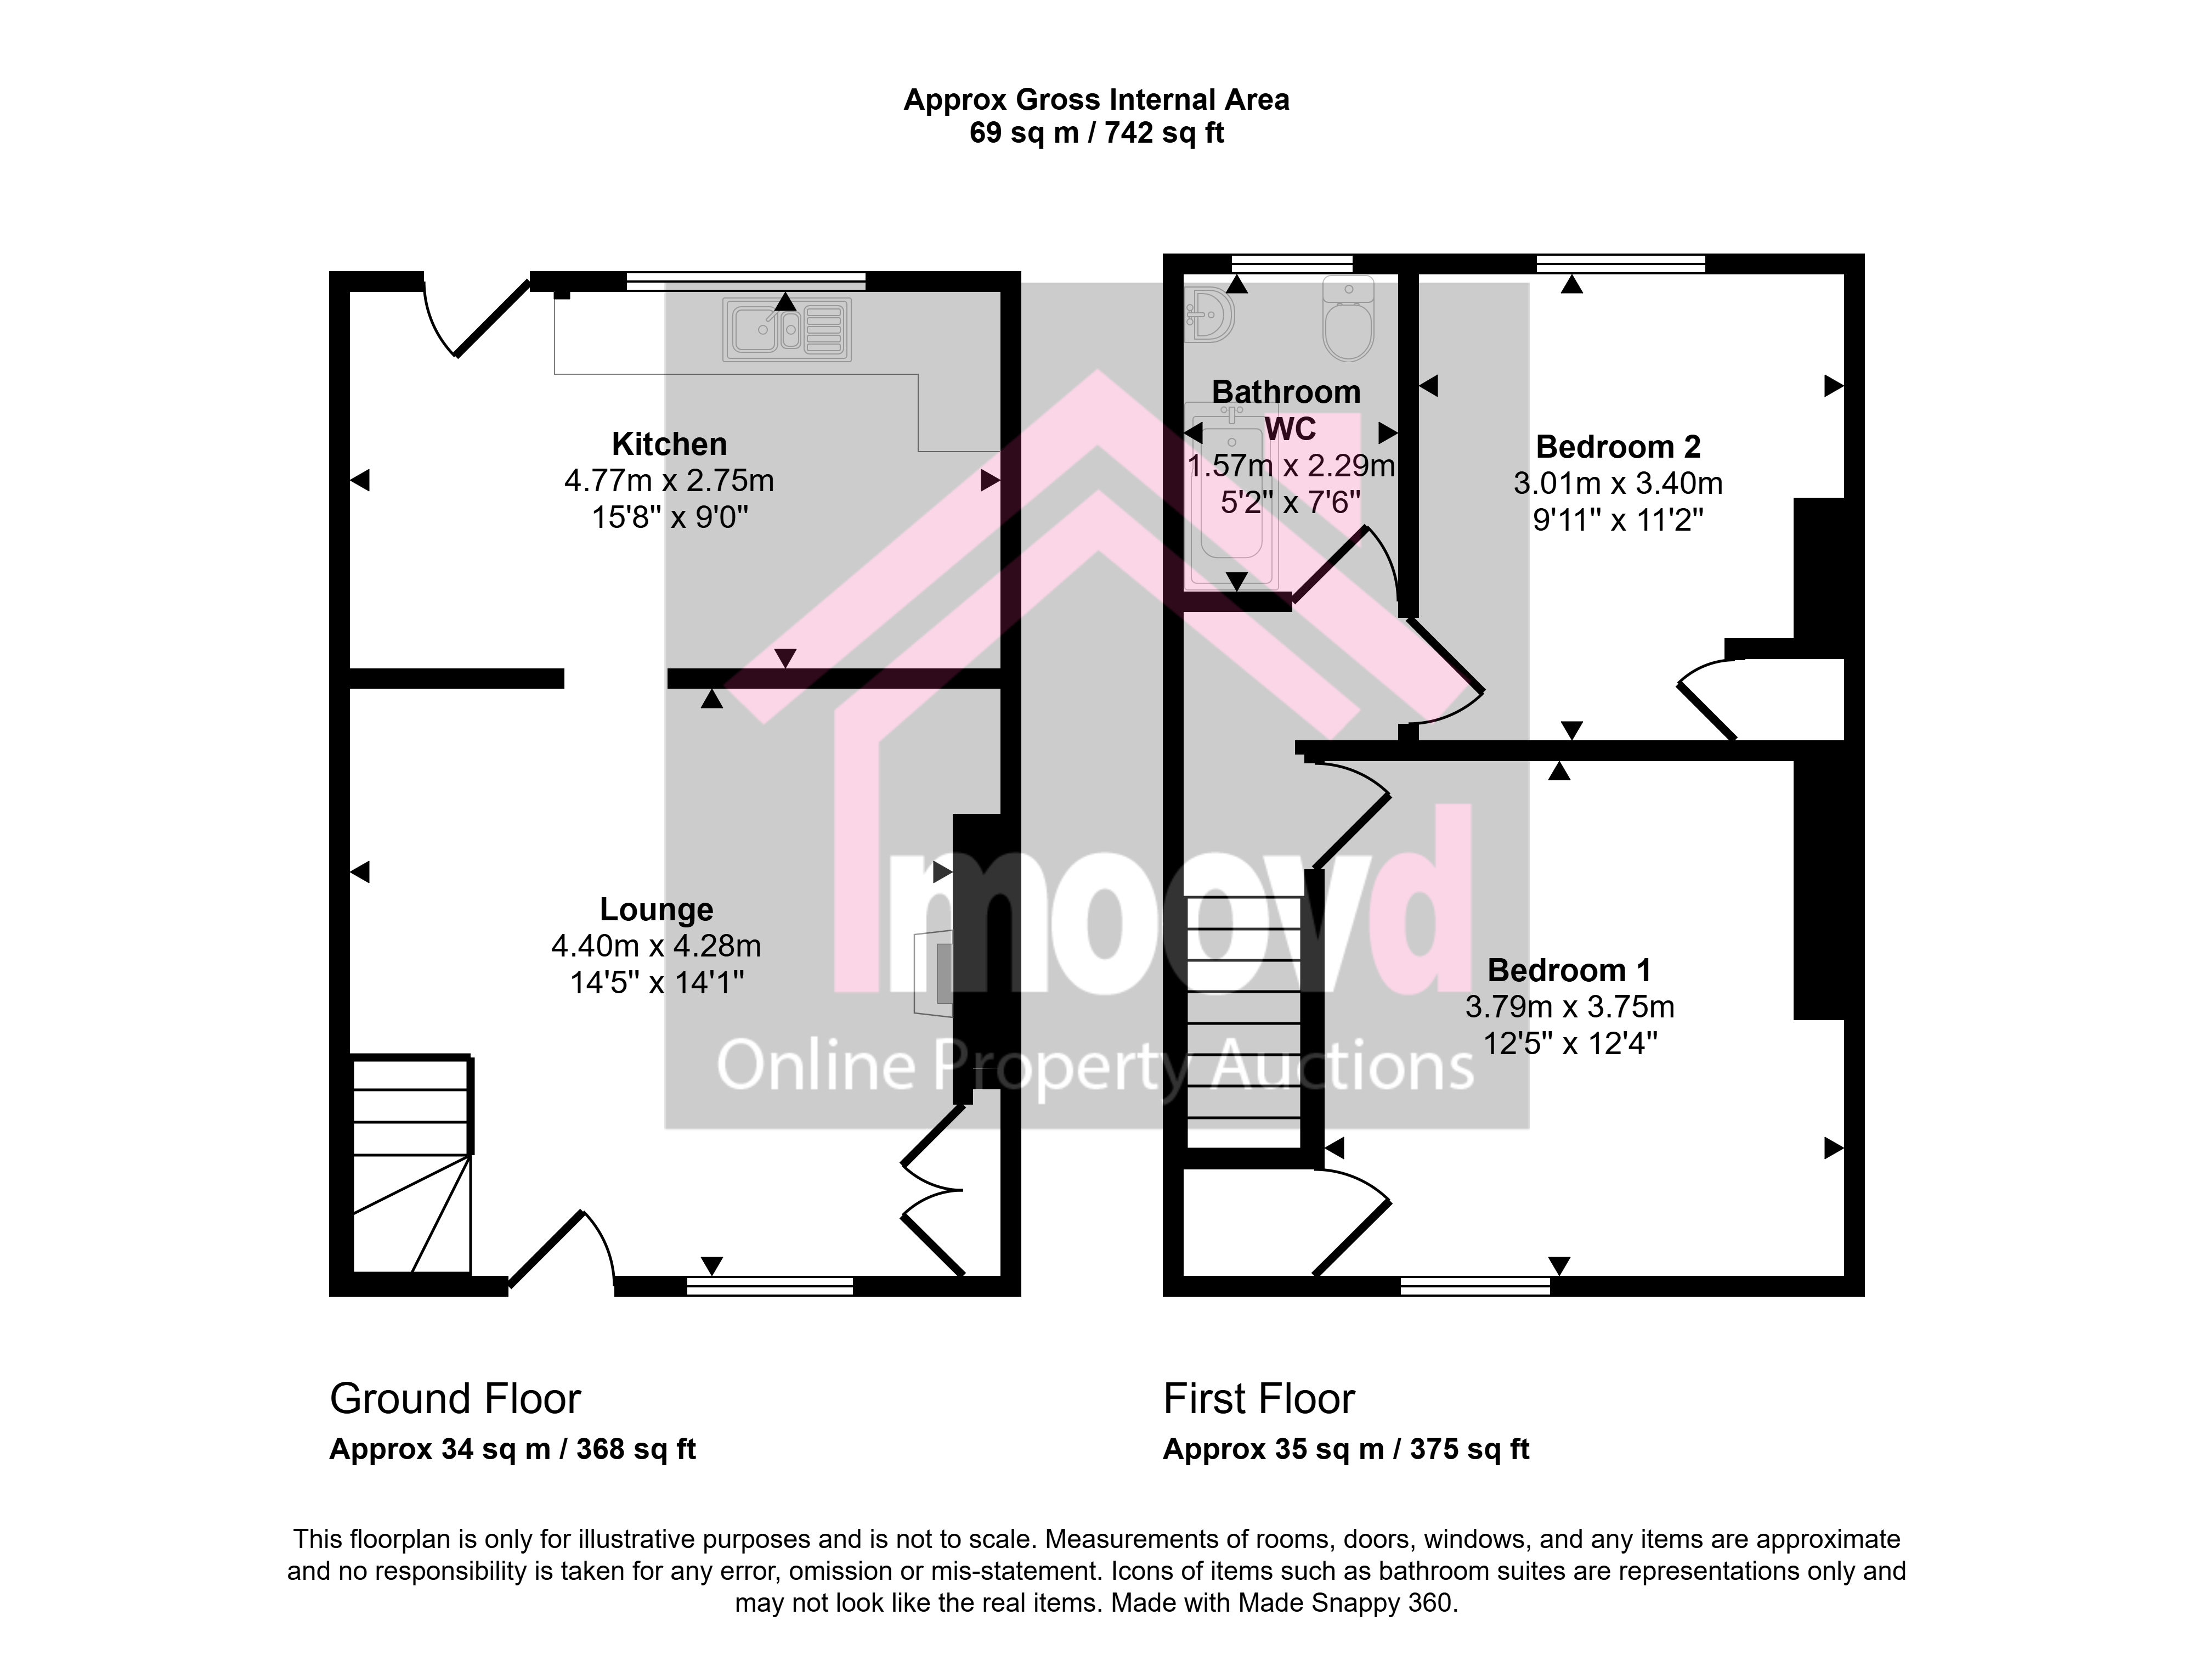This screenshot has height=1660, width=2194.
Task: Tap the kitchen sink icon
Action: tap(787, 329)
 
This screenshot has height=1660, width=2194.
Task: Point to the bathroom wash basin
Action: tap(1209, 313)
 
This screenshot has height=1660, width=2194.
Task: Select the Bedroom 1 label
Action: tap(1569, 970)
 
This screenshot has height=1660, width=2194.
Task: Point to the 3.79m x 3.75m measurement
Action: tap(1569, 1007)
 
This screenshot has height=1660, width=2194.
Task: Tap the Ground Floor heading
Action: tap(455, 1399)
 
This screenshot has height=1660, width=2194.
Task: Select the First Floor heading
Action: tap(1259, 1399)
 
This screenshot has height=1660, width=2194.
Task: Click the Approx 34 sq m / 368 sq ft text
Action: tap(513, 1450)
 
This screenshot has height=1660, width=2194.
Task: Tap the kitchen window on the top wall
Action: tap(746, 281)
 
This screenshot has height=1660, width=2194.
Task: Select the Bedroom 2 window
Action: tap(1621, 263)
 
